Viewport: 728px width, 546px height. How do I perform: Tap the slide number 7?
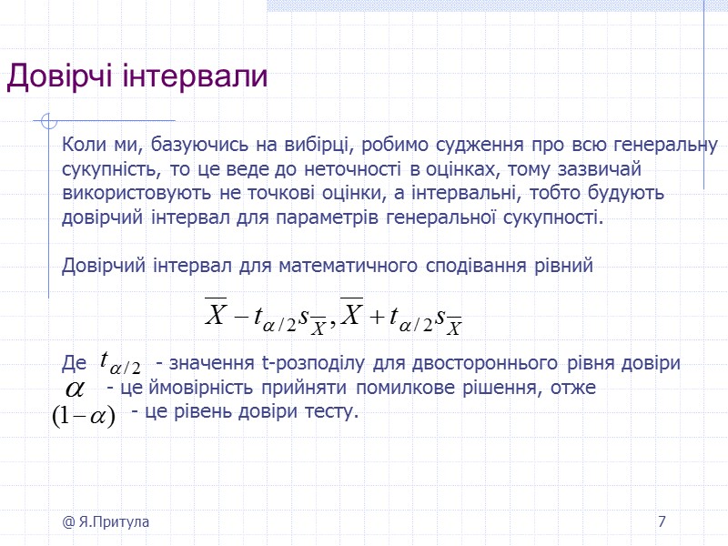click(662, 522)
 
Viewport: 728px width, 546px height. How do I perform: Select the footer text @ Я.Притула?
click(106, 522)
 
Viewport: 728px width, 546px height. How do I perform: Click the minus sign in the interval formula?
click(241, 318)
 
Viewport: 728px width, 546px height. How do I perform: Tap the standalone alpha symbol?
click(73, 389)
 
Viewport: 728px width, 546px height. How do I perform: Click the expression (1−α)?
click(82, 414)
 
